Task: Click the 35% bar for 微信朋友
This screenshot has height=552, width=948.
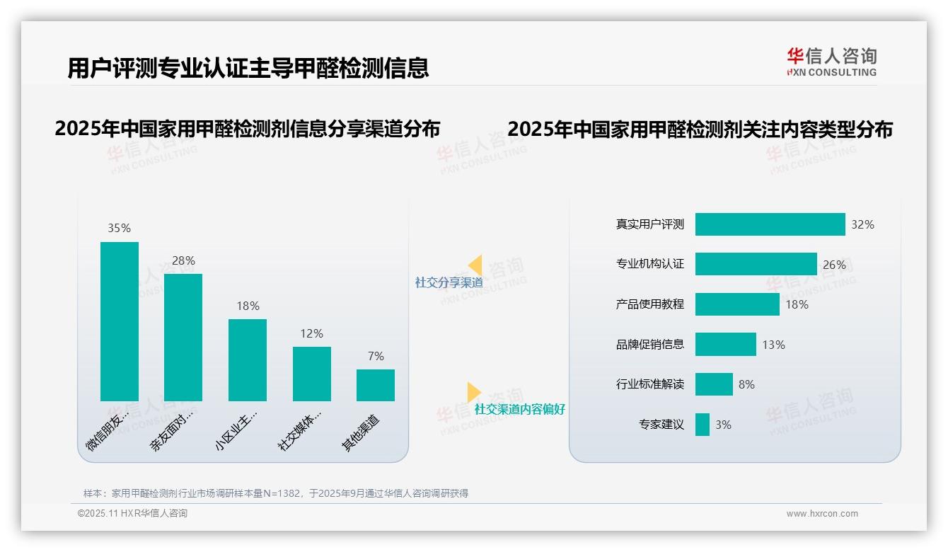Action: [x=120, y=321]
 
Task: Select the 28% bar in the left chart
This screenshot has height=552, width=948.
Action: [x=183, y=338]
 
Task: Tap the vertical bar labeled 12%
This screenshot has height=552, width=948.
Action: [x=312, y=374]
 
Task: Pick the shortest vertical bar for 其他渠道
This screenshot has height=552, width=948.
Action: [x=376, y=385]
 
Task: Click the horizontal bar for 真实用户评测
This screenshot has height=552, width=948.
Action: [x=770, y=224]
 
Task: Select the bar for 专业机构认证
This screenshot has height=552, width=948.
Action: [x=756, y=264]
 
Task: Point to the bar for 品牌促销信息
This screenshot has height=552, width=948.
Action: [x=725, y=344]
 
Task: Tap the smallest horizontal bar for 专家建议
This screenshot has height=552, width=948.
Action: [x=702, y=425]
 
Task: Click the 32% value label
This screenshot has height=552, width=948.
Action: [x=862, y=224]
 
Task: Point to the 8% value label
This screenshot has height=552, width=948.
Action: [x=746, y=384]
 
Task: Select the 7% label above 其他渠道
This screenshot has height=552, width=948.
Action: [x=376, y=356]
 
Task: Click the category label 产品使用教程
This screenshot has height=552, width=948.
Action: [x=649, y=304]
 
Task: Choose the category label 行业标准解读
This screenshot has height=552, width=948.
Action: [x=649, y=384]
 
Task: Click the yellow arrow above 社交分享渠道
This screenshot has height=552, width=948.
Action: [x=475, y=265]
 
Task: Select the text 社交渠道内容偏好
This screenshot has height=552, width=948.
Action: [x=519, y=409]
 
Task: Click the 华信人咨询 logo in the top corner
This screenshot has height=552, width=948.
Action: [x=831, y=61]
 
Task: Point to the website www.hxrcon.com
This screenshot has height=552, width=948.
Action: [x=821, y=514]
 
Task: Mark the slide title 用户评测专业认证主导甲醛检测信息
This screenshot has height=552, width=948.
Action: [x=248, y=68]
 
